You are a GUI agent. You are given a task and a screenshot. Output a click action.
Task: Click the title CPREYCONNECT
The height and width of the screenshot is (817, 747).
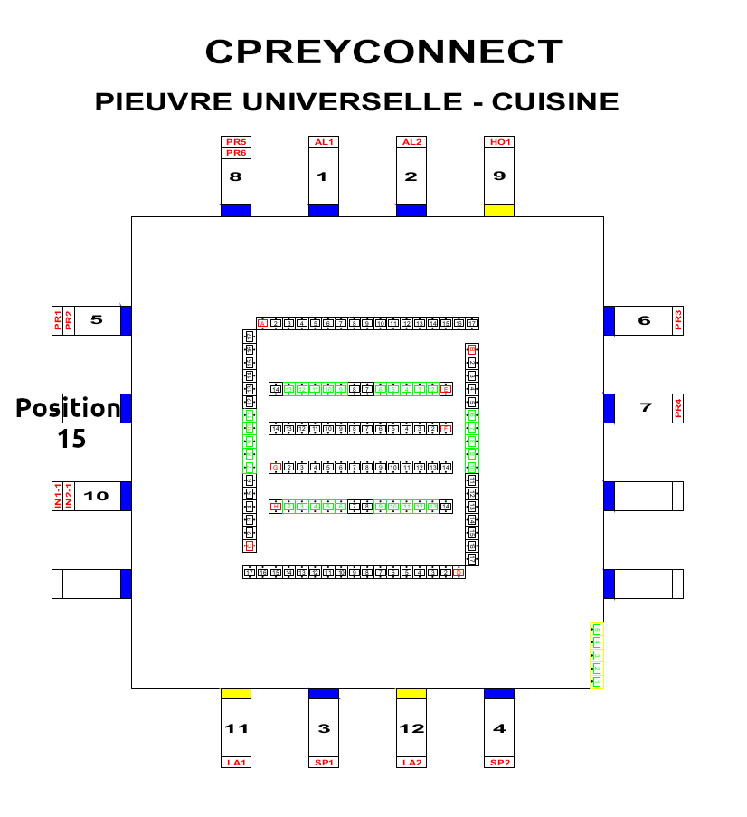[x=383, y=52]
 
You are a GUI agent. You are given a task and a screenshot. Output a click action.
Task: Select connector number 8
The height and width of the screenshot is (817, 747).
[x=236, y=176]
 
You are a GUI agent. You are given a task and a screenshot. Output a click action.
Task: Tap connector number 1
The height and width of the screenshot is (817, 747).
[x=323, y=176]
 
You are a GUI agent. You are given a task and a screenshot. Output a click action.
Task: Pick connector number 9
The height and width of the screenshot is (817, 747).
[x=499, y=176]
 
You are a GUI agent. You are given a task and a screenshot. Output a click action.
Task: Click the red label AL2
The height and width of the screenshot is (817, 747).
[x=411, y=142]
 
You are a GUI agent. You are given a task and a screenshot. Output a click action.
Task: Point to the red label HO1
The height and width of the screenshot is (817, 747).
[x=499, y=142]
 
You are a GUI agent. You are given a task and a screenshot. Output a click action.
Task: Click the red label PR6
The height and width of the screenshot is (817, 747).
[x=236, y=153]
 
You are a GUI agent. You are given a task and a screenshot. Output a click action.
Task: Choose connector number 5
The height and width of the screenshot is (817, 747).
[x=97, y=320]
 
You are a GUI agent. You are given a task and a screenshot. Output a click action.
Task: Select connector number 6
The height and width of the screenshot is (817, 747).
[x=644, y=320]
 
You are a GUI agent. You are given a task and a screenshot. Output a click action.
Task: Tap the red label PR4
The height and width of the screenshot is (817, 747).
[x=678, y=408]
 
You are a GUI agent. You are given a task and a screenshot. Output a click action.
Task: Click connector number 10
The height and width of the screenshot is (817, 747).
[x=97, y=496]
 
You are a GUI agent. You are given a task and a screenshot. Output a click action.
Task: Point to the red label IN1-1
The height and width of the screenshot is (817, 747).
[x=58, y=496]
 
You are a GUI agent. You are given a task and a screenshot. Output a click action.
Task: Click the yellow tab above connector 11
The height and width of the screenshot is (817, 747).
[x=236, y=693]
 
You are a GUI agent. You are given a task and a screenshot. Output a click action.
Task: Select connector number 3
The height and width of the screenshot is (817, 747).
[x=324, y=728]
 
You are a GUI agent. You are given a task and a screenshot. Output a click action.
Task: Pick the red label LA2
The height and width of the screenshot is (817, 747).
[x=411, y=763]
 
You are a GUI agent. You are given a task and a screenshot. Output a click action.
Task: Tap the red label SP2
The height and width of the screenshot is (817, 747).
[x=499, y=763]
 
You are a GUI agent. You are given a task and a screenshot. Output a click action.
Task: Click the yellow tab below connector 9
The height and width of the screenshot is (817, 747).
[x=499, y=211]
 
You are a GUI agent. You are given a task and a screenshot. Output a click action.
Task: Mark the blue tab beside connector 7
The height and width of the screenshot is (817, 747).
[x=609, y=408]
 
